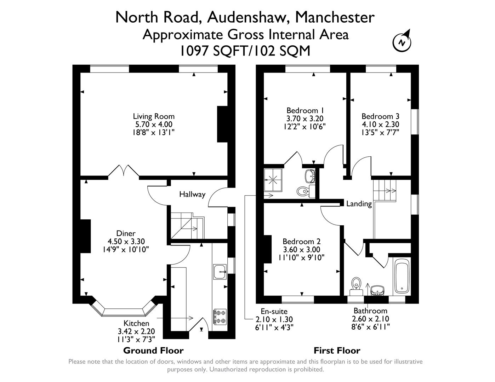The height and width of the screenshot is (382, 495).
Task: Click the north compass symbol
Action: click(402, 42)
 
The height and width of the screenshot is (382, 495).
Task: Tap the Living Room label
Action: click(154, 116)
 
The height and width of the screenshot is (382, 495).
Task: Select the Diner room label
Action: click(126, 233)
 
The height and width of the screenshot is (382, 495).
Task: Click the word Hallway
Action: click(192, 194)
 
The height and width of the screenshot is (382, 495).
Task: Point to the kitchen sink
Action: click(220, 272)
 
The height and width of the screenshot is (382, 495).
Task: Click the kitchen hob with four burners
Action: click(220, 317)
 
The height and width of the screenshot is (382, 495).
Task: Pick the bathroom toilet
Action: click(356, 285)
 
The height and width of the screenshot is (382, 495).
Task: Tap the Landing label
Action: click(359, 204)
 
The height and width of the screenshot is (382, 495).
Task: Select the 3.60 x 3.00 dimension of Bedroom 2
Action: click(301, 249)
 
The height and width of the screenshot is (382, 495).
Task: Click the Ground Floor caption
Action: click(153, 351)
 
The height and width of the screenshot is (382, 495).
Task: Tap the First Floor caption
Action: click(337, 351)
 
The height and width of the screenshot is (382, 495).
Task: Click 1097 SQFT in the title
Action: click(211, 51)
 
